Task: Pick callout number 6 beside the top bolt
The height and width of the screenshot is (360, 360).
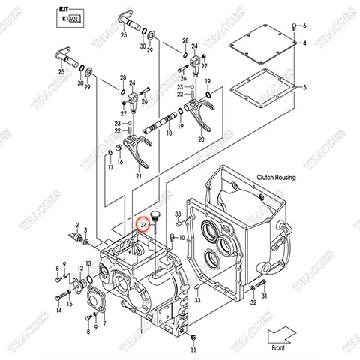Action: point(304,25)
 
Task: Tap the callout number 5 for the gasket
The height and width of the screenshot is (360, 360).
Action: point(304,88)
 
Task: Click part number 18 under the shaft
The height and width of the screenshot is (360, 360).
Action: point(169,133)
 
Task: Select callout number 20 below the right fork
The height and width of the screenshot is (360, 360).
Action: point(200,139)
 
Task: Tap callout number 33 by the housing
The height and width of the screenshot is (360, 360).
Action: point(178,214)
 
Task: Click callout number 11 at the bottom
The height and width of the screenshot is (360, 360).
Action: point(193,350)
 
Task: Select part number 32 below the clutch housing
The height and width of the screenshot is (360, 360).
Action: point(253,302)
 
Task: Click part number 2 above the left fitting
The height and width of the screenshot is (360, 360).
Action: point(76,224)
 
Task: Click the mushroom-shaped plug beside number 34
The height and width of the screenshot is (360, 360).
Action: point(156,218)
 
